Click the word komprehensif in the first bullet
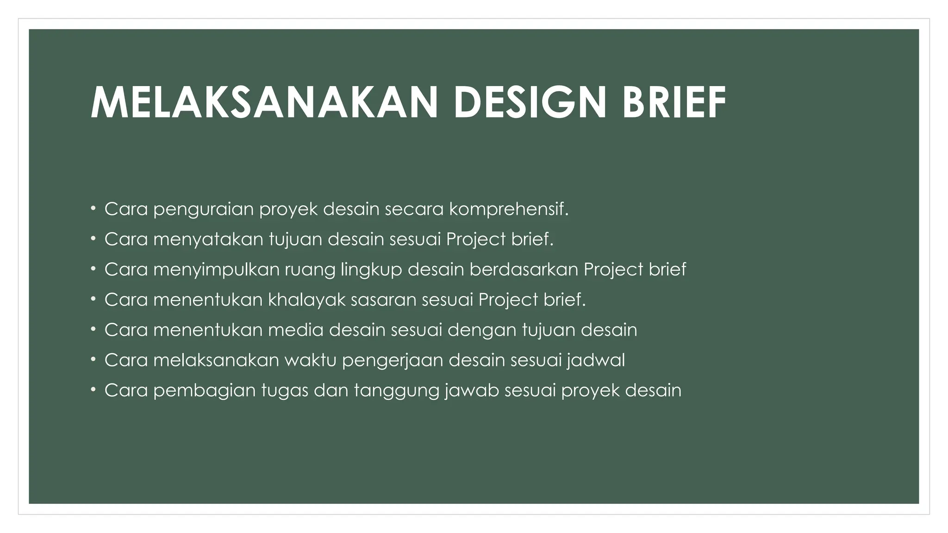508,210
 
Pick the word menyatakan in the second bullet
208,240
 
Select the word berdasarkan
524,270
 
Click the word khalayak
306,300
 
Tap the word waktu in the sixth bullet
310,360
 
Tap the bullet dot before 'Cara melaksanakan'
93,359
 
